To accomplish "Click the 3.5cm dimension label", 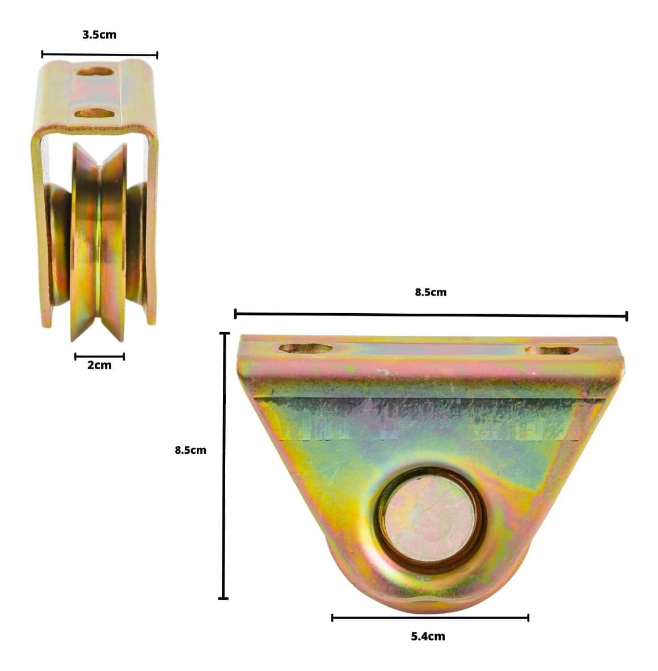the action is [99, 35].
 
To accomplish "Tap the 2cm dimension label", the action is [99, 365].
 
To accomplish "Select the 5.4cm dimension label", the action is [428, 636].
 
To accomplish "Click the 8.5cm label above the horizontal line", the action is [431, 292].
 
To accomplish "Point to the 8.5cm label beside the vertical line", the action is [191, 450].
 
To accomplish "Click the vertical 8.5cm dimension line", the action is [223, 466].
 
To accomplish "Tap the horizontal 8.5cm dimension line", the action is [431, 315].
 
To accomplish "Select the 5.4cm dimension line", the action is [431, 618].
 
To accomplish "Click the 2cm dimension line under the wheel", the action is [99, 356].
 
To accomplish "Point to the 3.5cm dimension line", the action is [100, 54].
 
